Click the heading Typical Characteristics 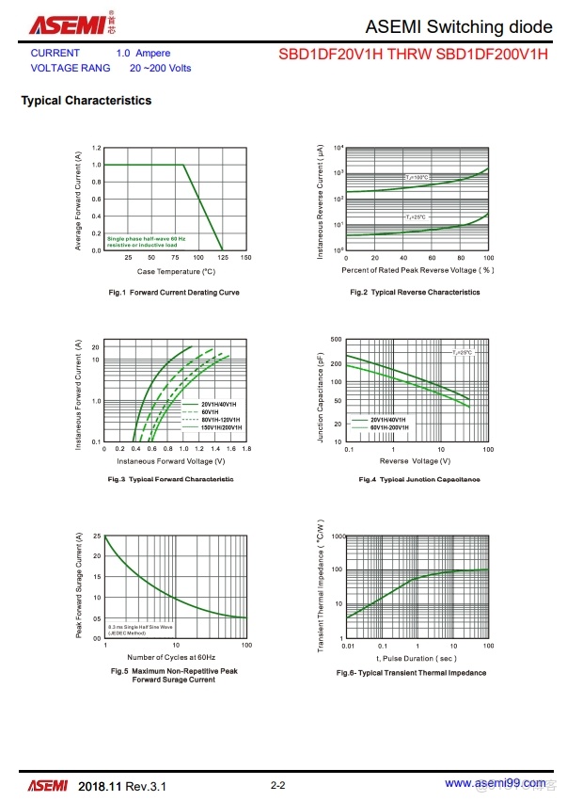coord(86,101)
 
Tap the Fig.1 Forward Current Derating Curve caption coord(174,292)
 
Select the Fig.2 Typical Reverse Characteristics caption coord(415,292)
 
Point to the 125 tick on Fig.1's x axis coord(223,257)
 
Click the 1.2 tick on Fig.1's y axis coord(97,148)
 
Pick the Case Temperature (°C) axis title coord(176,271)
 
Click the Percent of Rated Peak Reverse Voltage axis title coord(417,270)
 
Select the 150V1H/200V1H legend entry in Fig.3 coord(221,427)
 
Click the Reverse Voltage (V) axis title coord(409,461)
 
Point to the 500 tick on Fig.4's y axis coord(336,339)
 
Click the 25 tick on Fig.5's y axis coord(97,537)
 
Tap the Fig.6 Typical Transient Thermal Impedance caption coord(411,673)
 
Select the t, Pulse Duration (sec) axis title coord(412,659)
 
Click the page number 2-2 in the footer coord(277,784)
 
